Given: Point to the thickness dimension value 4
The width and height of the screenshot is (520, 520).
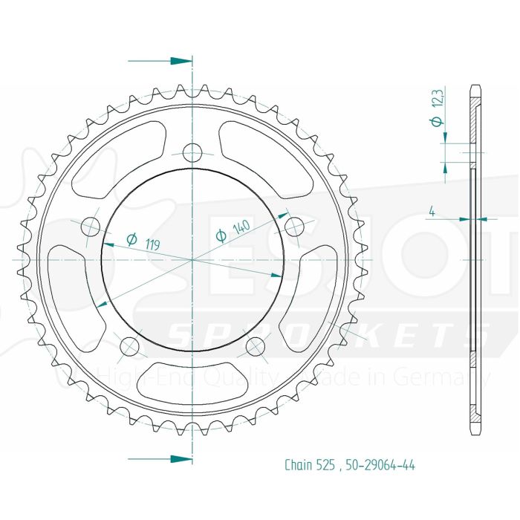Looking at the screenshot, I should click(431, 212).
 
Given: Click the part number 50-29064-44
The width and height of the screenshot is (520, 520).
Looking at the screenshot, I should click(380, 466).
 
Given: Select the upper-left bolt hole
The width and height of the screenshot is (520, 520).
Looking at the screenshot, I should click(91, 226).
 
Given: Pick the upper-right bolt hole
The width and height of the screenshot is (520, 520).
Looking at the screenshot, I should click(295, 226).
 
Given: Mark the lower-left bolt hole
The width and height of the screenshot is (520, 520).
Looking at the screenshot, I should click(129, 345).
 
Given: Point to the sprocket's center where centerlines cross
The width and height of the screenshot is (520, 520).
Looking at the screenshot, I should click(193, 260).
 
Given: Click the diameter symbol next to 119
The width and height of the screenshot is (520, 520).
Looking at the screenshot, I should click(131, 238).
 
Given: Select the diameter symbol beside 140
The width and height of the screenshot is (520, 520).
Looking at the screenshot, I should click(222, 236).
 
